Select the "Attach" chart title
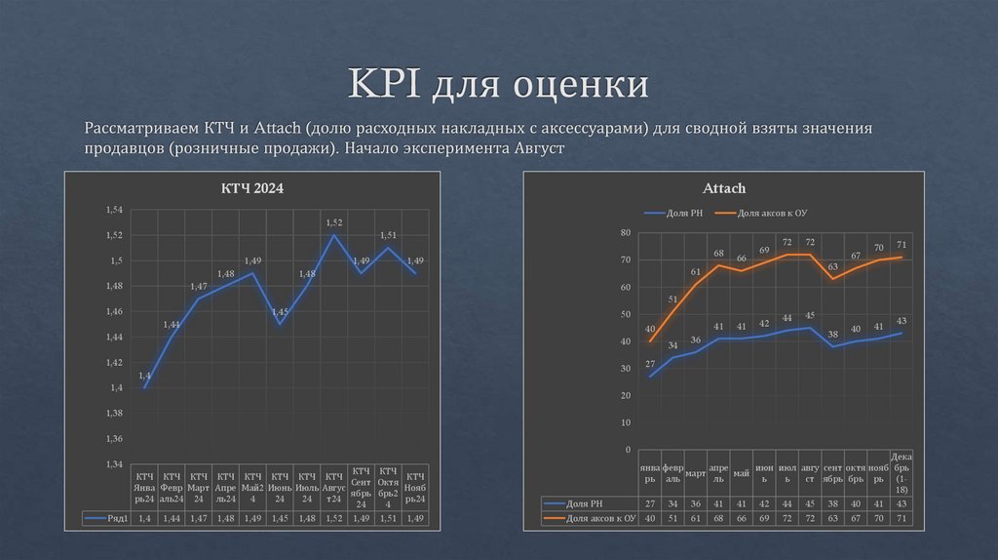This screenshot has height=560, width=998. point(724,187)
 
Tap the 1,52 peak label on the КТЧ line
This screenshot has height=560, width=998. point(334,223)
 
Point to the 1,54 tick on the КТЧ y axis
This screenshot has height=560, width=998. point(115,211)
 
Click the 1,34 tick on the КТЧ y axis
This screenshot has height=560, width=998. point(115,464)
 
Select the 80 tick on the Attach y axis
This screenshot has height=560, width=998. point(625,233)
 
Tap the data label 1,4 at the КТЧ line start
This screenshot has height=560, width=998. point(144,376)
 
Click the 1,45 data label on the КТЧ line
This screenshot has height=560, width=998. point(280,312)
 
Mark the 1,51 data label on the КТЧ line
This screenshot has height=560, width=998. point(388,235)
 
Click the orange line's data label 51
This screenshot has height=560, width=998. point(672,300)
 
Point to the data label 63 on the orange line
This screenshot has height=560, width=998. point(832,266)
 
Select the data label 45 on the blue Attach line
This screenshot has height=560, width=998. point(810,316)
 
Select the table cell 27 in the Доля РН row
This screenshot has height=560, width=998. point(650,502)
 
